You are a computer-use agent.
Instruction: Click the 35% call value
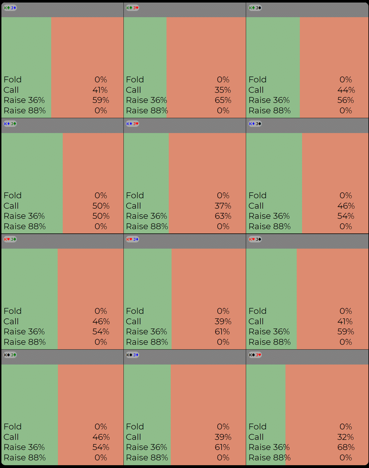(223, 90)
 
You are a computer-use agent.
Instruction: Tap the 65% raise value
(223, 100)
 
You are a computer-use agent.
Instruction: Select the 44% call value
(346, 90)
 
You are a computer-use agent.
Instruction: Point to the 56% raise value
(346, 100)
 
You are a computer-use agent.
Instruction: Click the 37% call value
(223, 206)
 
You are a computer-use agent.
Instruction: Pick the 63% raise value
(223, 216)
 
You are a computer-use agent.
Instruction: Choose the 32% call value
(345, 437)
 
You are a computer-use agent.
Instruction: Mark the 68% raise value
(346, 447)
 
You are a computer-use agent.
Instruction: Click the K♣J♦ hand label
(10, 8)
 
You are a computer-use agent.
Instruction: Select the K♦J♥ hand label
(132, 124)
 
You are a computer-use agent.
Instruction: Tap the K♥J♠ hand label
(255, 239)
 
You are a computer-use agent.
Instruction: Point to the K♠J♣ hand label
(10, 355)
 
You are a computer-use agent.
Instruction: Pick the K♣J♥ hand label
(132, 8)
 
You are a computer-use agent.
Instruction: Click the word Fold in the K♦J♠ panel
(257, 195)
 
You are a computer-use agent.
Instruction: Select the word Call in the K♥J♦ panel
(133, 321)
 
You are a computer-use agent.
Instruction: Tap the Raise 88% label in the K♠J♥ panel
(269, 458)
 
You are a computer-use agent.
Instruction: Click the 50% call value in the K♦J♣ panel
(101, 206)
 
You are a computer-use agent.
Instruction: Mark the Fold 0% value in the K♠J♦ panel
(223, 427)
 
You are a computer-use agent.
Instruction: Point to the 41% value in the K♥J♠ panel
(345, 321)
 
